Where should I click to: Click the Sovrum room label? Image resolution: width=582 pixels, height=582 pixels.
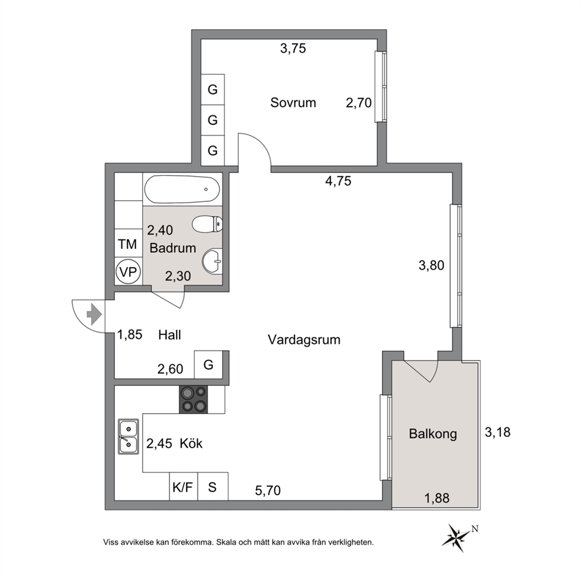[293, 103]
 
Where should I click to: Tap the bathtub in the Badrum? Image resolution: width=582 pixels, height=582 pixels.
[182, 190]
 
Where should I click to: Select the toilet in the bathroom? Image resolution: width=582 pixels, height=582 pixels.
[207, 224]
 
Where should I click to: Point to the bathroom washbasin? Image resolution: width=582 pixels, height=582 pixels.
[212, 261]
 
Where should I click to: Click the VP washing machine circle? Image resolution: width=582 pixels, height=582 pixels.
[128, 272]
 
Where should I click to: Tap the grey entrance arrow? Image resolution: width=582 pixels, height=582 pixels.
[94, 314]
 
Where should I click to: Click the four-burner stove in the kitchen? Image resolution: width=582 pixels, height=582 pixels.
[194, 400]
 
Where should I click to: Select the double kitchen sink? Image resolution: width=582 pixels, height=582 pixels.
[128, 437]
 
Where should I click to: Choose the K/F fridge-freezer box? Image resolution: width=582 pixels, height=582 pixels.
[184, 486]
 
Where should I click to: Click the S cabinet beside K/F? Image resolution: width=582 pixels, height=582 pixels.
[213, 486]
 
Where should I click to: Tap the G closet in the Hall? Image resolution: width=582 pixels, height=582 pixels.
[209, 364]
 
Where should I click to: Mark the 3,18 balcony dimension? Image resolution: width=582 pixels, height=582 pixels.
[498, 432]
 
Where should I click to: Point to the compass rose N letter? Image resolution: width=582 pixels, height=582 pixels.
[475, 529]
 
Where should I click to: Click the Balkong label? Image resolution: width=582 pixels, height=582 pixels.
[433, 434]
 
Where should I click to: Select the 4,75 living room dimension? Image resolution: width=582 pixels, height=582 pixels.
[338, 181]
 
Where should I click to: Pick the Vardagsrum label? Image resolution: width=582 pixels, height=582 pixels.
[304, 340]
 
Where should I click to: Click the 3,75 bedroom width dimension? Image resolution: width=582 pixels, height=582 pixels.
[293, 48]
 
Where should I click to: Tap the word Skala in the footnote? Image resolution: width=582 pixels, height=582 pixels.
[226, 542]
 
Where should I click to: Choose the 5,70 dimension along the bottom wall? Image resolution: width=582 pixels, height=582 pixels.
[268, 490]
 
